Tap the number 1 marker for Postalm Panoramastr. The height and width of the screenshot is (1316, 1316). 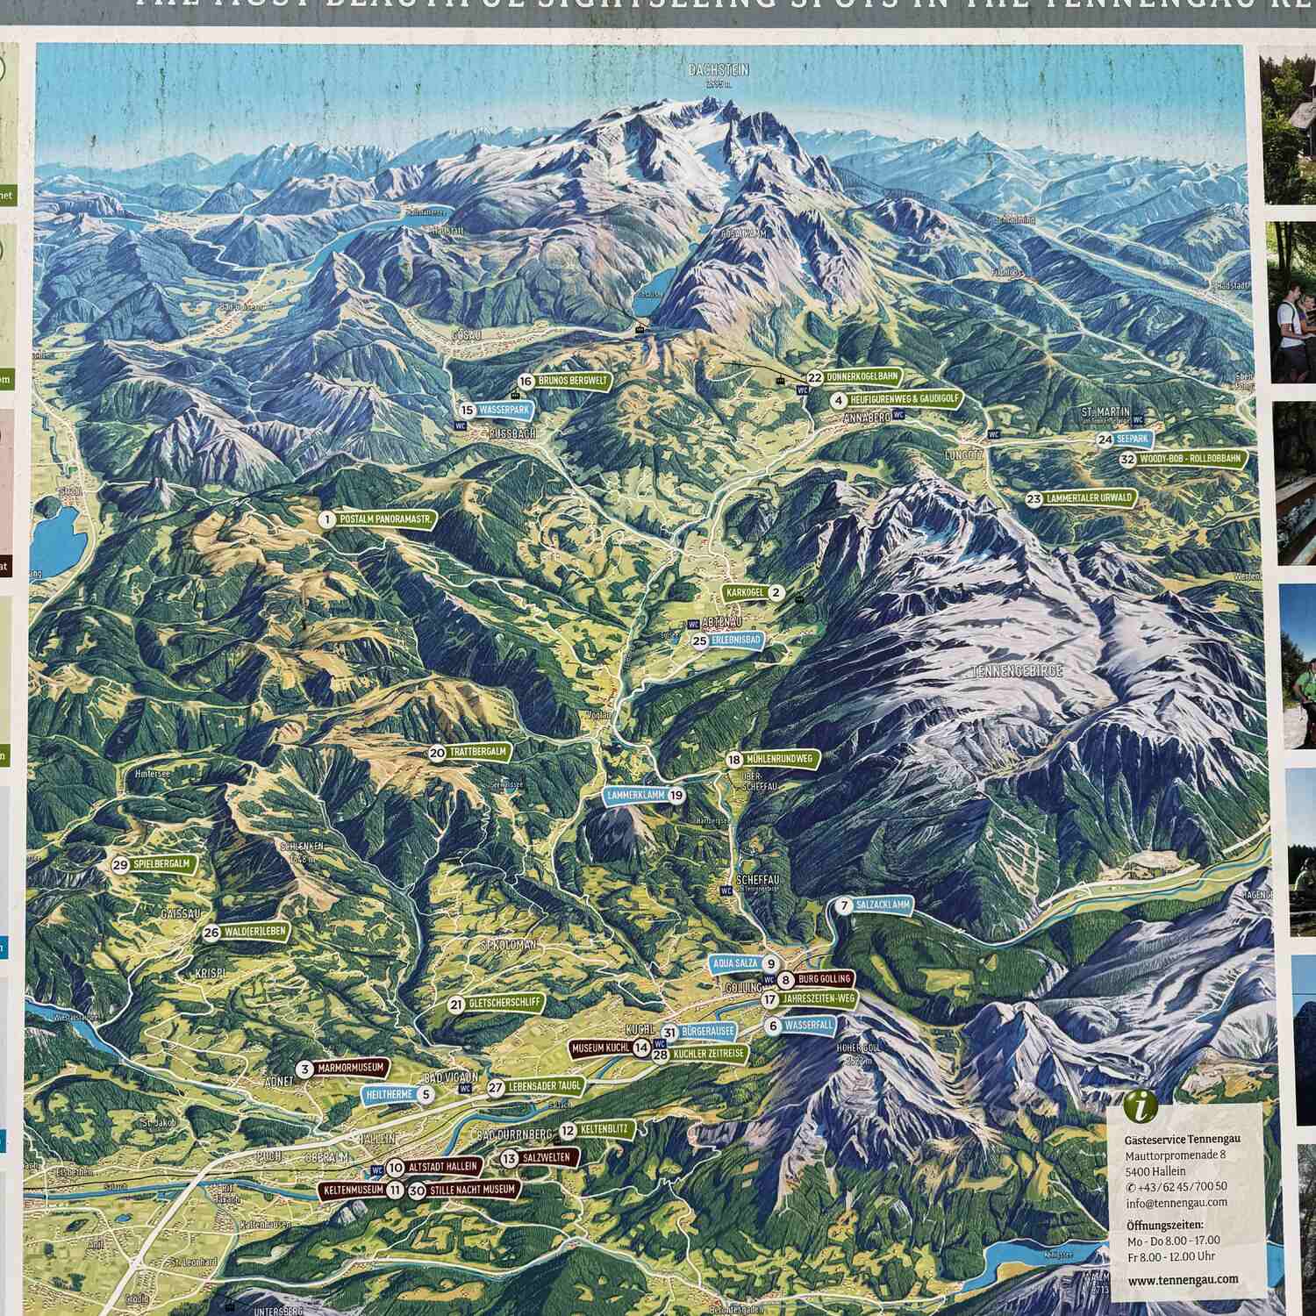(326, 519)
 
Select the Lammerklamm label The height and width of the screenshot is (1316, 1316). (635, 795)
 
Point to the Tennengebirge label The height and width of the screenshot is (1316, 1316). (1018, 671)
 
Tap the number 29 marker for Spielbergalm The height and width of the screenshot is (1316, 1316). (120, 864)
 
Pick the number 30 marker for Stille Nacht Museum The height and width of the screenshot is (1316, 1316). (417, 1191)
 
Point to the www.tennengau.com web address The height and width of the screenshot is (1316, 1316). (1183, 1279)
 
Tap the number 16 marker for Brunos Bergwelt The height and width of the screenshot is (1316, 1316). (526, 382)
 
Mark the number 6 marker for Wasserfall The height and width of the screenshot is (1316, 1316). (773, 1026)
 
